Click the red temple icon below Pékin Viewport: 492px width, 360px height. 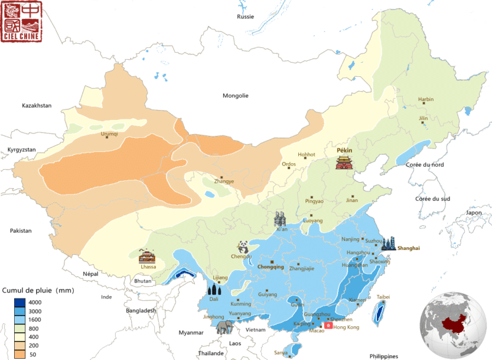pos(344,162)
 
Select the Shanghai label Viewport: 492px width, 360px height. pos(408,248)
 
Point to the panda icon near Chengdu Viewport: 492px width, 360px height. pos(245,247)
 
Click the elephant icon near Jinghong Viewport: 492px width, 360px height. pos(224,327)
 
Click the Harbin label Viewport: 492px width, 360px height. pos(426,99)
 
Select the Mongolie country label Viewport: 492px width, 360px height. pos(236,95)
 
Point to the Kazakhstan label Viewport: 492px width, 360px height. pos(36,106)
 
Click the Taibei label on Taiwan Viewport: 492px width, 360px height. pos(383,297)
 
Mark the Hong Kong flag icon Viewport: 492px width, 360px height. pos(328,326)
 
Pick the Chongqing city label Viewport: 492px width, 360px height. pos(270,267)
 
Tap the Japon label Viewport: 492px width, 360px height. pos(474,213)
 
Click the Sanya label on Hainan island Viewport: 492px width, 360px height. pos(280,352)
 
